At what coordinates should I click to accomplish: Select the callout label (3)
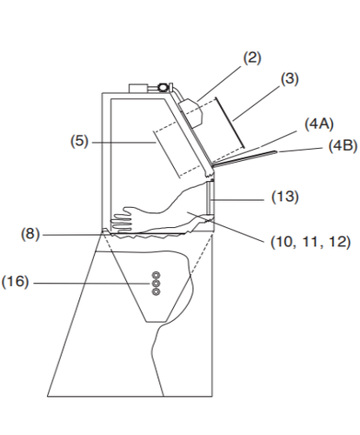pos(290,78)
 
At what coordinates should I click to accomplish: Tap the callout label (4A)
pos(316,124)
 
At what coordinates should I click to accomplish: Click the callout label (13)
pos(284,197)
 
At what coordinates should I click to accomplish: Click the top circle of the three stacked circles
pos(156,273)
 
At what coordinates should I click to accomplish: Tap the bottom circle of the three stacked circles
pos(156,291)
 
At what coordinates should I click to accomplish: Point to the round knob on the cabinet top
pos(163,86)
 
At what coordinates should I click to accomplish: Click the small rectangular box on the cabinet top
pos(139,88)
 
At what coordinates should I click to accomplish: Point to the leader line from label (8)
pos(73,234)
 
